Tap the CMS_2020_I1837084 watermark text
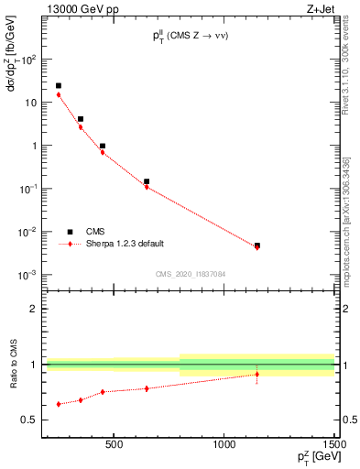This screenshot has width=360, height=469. (x=190, y=274)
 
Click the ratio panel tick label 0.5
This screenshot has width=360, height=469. (x=30, y=420)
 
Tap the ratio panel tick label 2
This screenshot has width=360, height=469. (x=35, y=309)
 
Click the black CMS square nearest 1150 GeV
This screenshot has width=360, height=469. (x=257, y=245)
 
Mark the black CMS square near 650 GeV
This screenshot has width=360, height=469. (x=147, y=181)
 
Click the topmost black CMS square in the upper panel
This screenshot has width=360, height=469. (x=59, y=86)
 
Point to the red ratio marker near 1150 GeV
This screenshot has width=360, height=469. (x=257, y=374)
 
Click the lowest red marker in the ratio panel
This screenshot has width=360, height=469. (x=59, y=404)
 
